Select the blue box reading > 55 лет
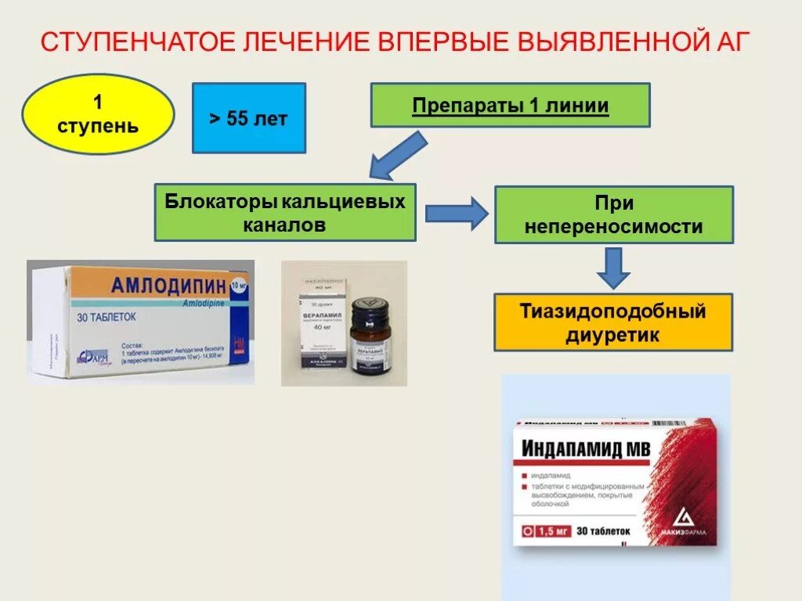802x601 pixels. [248, 118]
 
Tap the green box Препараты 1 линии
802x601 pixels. [510, 106]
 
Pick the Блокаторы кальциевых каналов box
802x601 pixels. [285, 213]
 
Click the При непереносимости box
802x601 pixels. [613, 215]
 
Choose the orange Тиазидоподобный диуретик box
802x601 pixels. [613, 322]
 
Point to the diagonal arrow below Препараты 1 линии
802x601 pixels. [399, 156]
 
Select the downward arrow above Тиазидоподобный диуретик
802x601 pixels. [615, 268]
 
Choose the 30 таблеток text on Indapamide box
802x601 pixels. [603, 531]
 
